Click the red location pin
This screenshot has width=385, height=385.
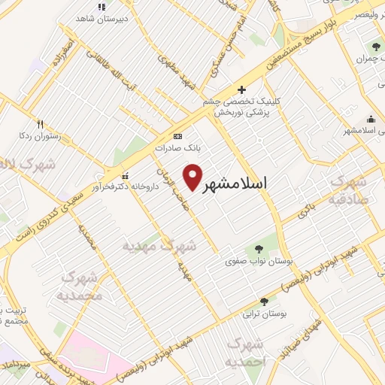pyautogui.click(x=195, y=177)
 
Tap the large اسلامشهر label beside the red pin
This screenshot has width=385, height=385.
pyautogui.click(x=235, y=183)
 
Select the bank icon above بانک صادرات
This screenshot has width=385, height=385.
pyautogui.click(x=177, y=136)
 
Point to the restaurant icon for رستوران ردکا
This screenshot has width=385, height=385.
pyautogui.click(x=40, y=125)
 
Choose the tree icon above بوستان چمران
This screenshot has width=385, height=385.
pyautogui.click(x=375, y=48)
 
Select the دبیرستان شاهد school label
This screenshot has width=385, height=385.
pyautogui.click(x=104, y=17)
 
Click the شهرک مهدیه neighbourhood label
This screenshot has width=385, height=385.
pyautogui.click(x=160, y=245)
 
